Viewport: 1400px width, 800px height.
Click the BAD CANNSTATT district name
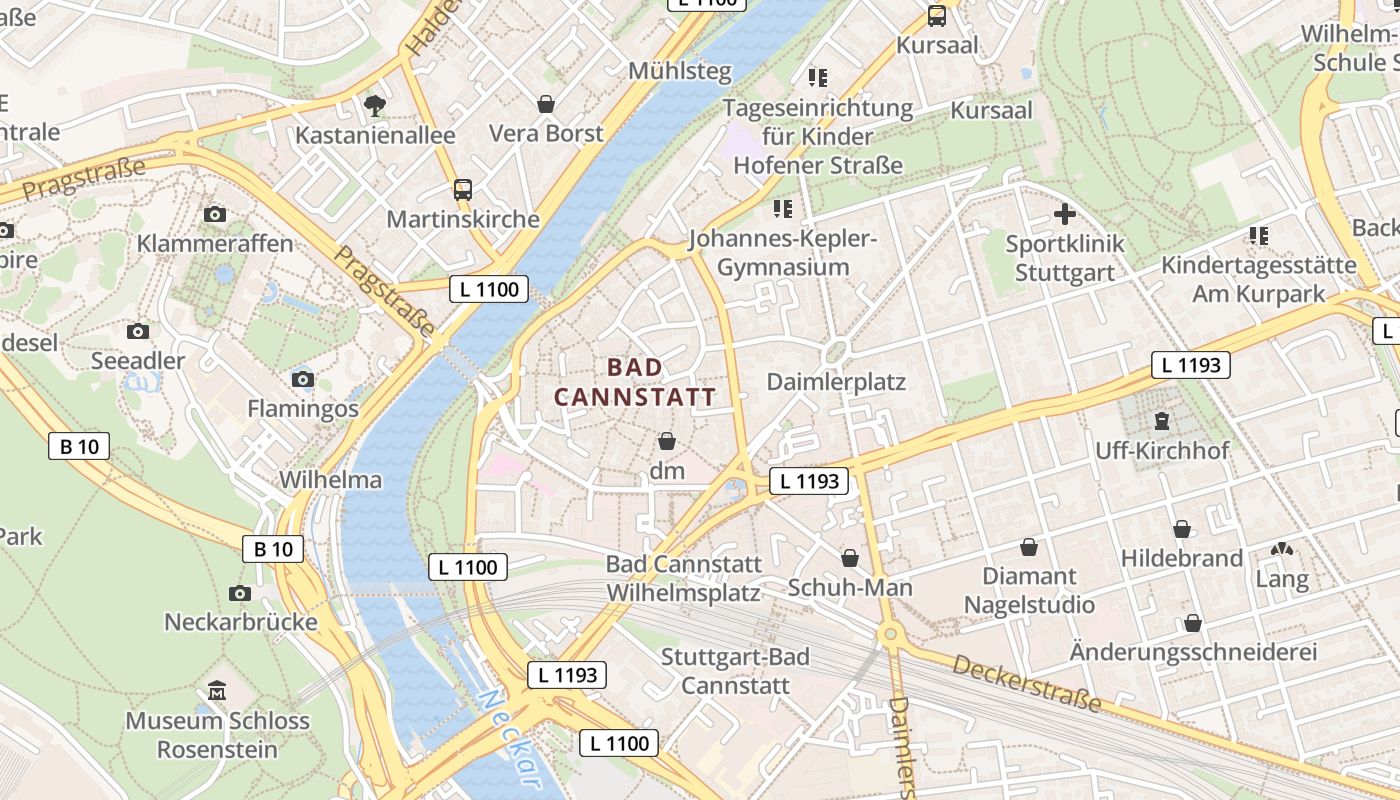click(x=635, y=382)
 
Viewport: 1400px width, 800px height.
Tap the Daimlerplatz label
click(x=836, y=382)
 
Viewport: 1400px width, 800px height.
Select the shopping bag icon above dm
click(x=667, y=441)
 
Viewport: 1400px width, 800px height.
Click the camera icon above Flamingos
click(x=302, y=379)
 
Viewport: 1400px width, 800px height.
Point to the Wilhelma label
click(x=330, y=480)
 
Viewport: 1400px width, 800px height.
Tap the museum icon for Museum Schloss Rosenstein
click(x=217, y=691)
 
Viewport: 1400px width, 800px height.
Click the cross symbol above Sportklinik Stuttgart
click(x=1065, y=214)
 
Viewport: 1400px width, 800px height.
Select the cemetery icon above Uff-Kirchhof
click(x=1162, y=421)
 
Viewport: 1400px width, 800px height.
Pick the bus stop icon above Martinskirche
click(x=462, y=189)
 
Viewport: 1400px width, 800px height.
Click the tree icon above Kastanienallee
click(x=375, y=105)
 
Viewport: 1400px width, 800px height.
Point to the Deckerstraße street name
click(x=1026, y=684)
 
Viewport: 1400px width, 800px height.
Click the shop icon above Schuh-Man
click(x=850, y=558)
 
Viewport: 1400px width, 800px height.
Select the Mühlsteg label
click(x=680, y=72)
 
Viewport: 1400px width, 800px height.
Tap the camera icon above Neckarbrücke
click(x=240, y=593)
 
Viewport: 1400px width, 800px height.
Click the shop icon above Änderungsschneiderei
click(x=1192, y=623)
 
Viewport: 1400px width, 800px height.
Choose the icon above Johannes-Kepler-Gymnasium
click(x=782, y=209)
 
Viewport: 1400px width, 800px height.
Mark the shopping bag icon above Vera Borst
click(x=546, y=104)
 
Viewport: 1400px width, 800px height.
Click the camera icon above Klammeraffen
click(x=215, y=214)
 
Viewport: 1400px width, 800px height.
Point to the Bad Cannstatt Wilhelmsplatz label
click(x=683, y=578)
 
